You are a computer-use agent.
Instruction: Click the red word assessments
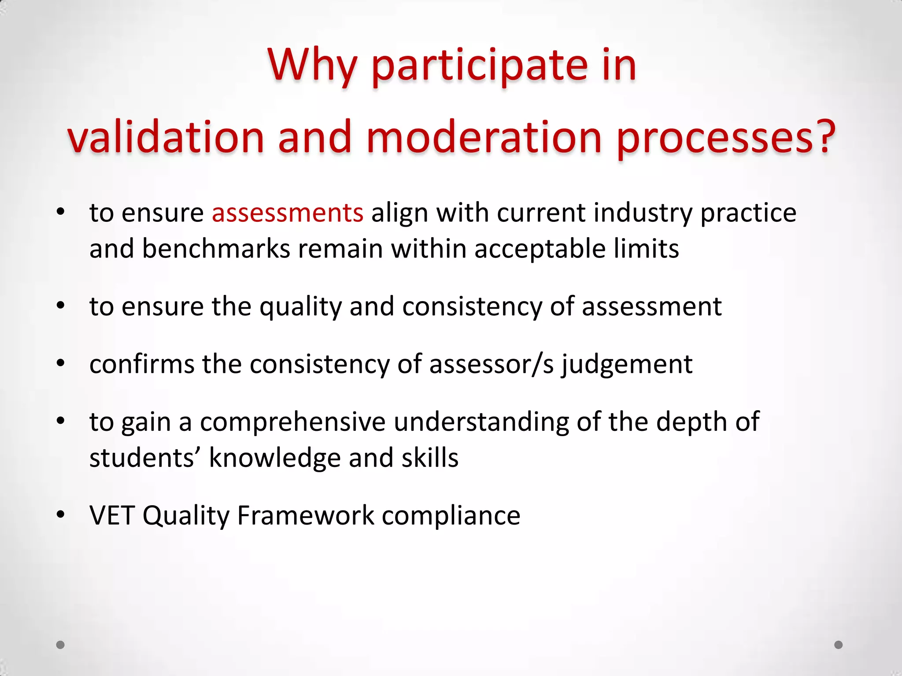(288, 213)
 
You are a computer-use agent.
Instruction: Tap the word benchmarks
(216, 249)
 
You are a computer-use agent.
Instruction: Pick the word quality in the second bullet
(300, 307)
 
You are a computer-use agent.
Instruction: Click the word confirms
(142, 364)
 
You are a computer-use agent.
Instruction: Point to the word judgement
(626, 364)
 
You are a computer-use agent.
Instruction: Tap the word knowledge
(274, 458)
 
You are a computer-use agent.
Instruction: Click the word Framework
(305, 515)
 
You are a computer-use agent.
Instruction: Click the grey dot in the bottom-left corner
(61, 645)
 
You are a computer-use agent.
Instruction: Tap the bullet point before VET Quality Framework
(61, 514)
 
